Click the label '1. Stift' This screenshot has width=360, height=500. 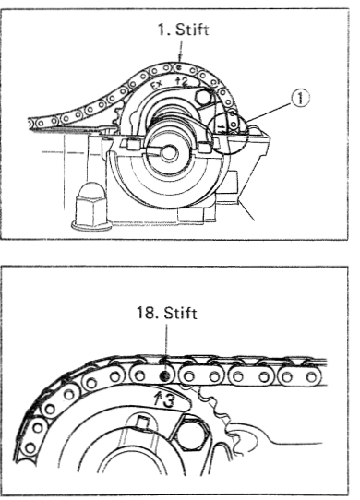[183, 30]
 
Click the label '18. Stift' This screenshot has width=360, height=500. [166, 313]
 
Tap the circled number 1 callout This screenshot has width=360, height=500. [300, 98]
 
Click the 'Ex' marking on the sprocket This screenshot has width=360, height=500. [157, 85]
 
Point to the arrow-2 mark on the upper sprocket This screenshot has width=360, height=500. [181, 81]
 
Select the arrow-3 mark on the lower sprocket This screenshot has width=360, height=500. [163, 399]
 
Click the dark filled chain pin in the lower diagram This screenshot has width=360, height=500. [165, 376]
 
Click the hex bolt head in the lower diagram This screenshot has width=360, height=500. [191, 434]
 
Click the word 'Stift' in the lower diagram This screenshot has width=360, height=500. [181, 313]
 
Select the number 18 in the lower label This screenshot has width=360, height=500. [146, 313]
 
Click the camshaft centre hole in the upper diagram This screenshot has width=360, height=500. [169, 153]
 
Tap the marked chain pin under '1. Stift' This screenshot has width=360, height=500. [179, 67]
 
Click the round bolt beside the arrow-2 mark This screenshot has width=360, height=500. [203, 96]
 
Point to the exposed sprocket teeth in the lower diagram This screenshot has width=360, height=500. [217, 411]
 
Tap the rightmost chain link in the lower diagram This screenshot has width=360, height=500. [299, 376]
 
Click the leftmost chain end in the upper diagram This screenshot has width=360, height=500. [30, 123]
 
